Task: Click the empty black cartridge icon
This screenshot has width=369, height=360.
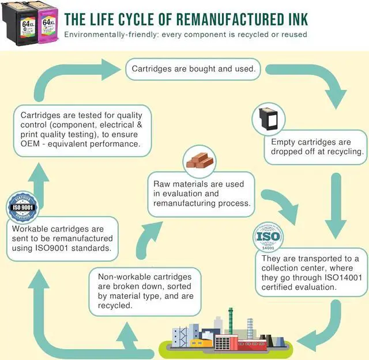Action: (268, 118)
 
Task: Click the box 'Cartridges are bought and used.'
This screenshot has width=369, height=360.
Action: (194, 69)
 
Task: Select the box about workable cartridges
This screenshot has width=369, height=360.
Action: (62, 238)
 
